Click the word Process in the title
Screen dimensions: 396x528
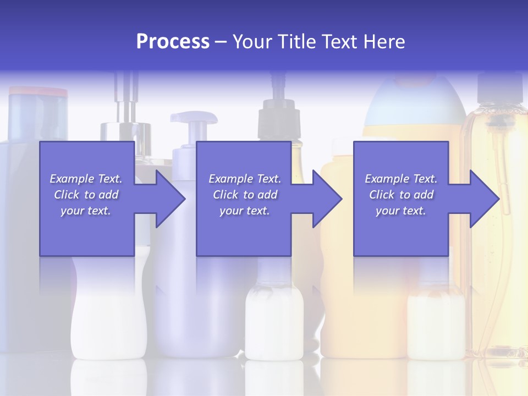coord(173,42)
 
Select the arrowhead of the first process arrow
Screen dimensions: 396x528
coord(170,199)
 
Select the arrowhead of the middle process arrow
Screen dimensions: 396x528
coord(327,199)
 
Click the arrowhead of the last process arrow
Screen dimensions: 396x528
coord(484,199)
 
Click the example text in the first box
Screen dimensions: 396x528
coord(86,195)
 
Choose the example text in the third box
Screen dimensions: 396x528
coord(401,195)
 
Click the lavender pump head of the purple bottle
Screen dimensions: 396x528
coord(193,119)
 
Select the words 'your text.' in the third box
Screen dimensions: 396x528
coord(401,211)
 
